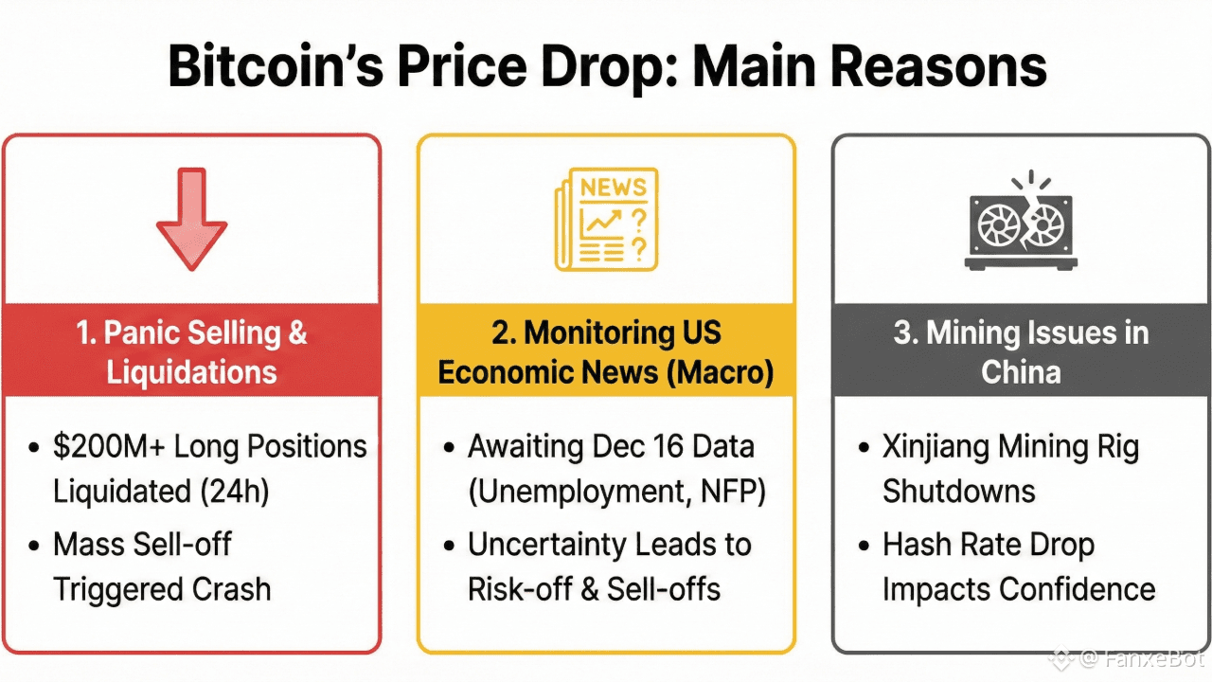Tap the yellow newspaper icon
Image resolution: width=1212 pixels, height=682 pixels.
point(606,220)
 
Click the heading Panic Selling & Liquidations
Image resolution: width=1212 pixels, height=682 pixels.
point(192,351)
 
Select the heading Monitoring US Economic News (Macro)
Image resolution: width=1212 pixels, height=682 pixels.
point(606,351)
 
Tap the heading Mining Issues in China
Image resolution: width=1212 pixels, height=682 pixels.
point(1021,351)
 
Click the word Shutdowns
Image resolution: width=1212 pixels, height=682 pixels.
point(959,491)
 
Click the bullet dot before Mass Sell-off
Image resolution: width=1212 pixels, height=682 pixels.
point(35,546)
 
